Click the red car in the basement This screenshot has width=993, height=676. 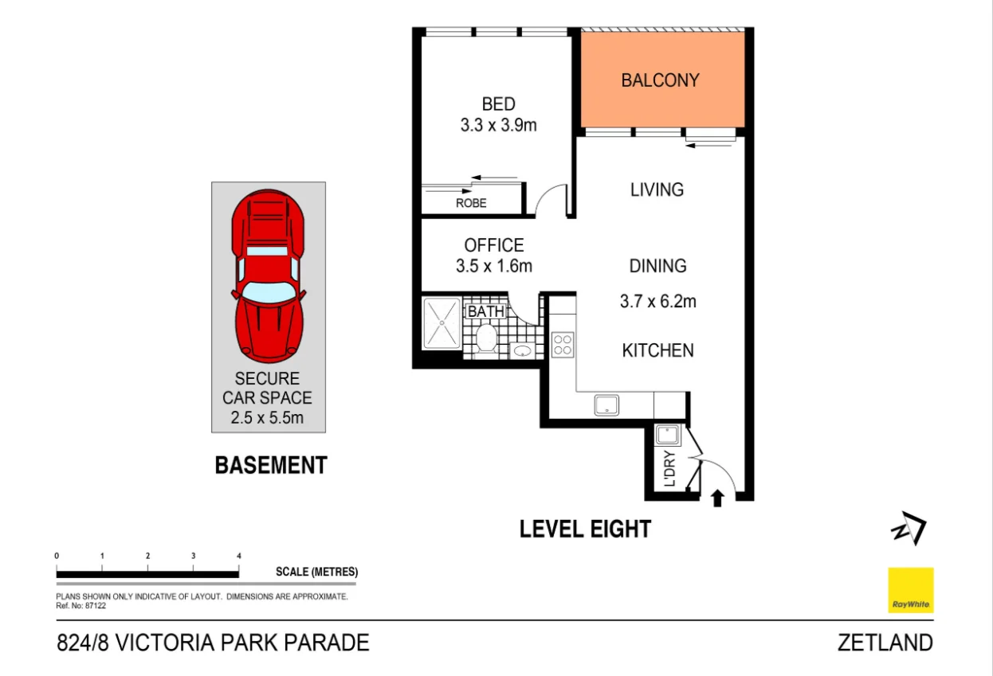point(269,275)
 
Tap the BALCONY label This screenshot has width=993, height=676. point(660,80)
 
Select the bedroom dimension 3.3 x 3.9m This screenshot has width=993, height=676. point(498,125)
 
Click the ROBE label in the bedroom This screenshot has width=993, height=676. point(471,203)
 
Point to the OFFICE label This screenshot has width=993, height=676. point(494,245)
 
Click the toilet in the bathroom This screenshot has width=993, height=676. point(486,339)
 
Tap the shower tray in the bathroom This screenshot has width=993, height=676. point(442,323)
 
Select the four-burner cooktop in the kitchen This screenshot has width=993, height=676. point(563,345)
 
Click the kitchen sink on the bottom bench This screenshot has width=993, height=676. point(606,405)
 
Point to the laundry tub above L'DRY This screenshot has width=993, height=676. point(667,435)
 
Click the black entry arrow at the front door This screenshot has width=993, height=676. point(717,498)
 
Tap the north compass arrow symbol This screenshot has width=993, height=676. point(909,528)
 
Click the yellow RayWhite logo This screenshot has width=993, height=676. point(911,590)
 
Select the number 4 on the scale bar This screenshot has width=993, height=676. point(239,556)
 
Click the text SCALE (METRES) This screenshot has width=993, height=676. point(316,572)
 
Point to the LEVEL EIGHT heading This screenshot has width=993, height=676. point(585,529)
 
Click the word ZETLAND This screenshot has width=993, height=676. point(885,643)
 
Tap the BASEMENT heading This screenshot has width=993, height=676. point(271,465)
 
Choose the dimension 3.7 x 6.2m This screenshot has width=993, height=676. point(657,301)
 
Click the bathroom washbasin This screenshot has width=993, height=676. point(523,351)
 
